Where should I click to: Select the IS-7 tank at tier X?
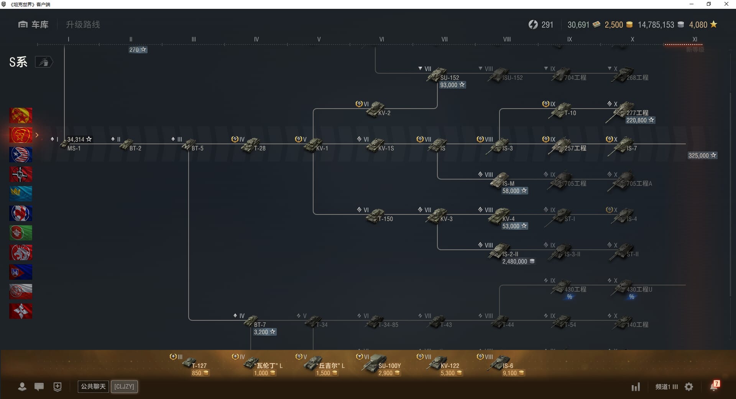623,146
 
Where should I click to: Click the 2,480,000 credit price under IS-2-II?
518,262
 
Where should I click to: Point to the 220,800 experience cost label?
640,120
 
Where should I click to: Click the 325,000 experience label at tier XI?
702,155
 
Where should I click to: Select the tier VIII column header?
507,39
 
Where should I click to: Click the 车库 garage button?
34,25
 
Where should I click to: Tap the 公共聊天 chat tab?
93,386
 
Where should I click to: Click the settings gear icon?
689,387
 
